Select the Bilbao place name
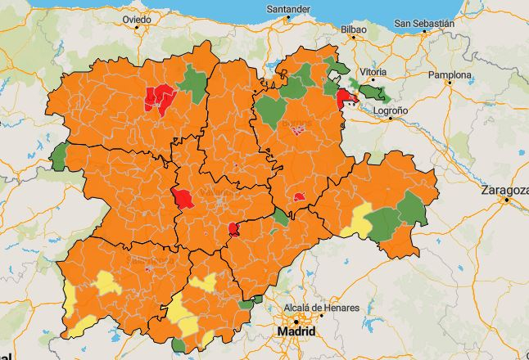[x=353, y=29]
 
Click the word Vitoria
[x=373, y=72]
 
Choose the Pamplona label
[x=450, y=75]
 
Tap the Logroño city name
[x=391, y=109]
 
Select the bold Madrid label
[x=296, y=332]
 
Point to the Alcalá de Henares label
[x=321, y=308]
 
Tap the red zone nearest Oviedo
[x=159, y=97]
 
